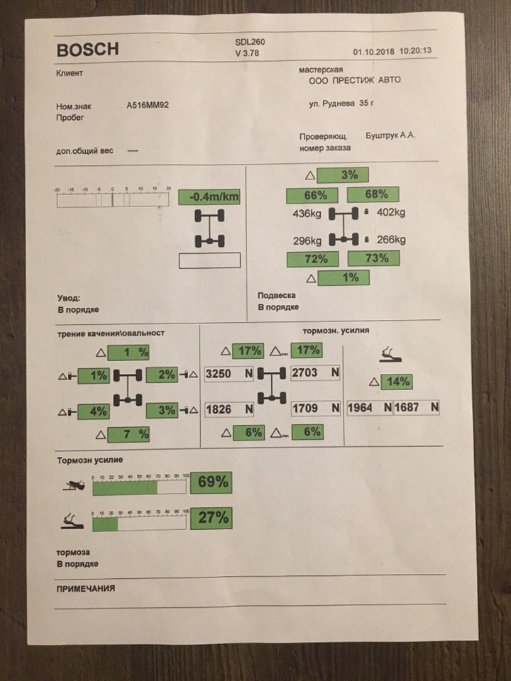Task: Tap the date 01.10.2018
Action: pos(373,52)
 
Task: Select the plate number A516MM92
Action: pos(148,106)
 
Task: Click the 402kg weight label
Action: pos(390,212)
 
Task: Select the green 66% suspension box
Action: pos(311,195)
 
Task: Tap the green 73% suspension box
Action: pos(373,259)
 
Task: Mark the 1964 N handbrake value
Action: pos(369,408)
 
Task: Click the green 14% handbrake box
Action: pos(396,382)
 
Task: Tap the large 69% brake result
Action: pos(211,483)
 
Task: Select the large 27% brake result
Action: pos(211,519)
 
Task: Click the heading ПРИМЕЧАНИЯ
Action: pos(85,589)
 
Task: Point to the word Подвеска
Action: pos(277,295)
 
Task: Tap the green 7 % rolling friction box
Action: pos(128,433)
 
